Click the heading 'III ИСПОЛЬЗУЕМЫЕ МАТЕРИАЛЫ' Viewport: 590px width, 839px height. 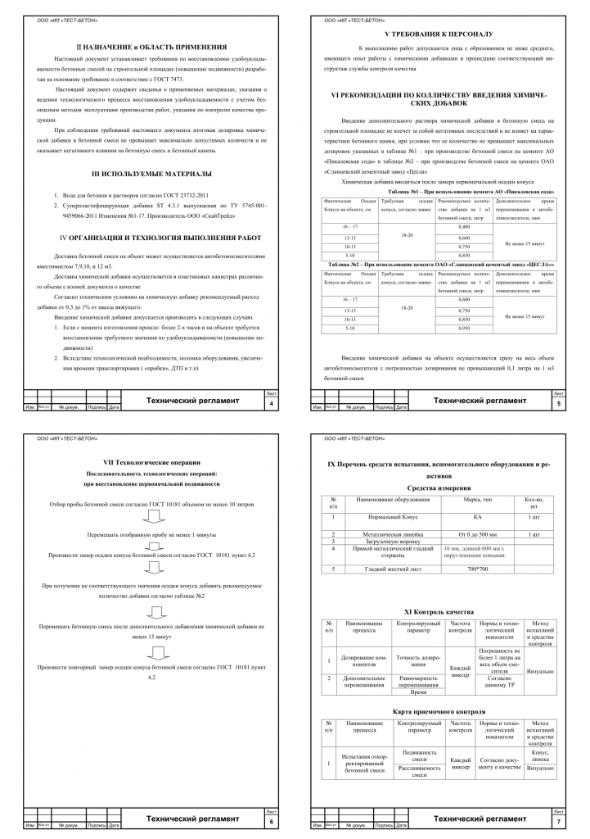[152, 174]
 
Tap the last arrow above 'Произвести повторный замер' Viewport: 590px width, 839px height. [152, 653]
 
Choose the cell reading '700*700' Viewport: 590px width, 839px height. [477, 568]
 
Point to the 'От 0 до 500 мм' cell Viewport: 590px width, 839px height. [477, 534]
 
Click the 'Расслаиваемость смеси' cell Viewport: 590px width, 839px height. [420, 772]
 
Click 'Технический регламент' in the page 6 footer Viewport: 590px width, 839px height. [192, 819]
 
